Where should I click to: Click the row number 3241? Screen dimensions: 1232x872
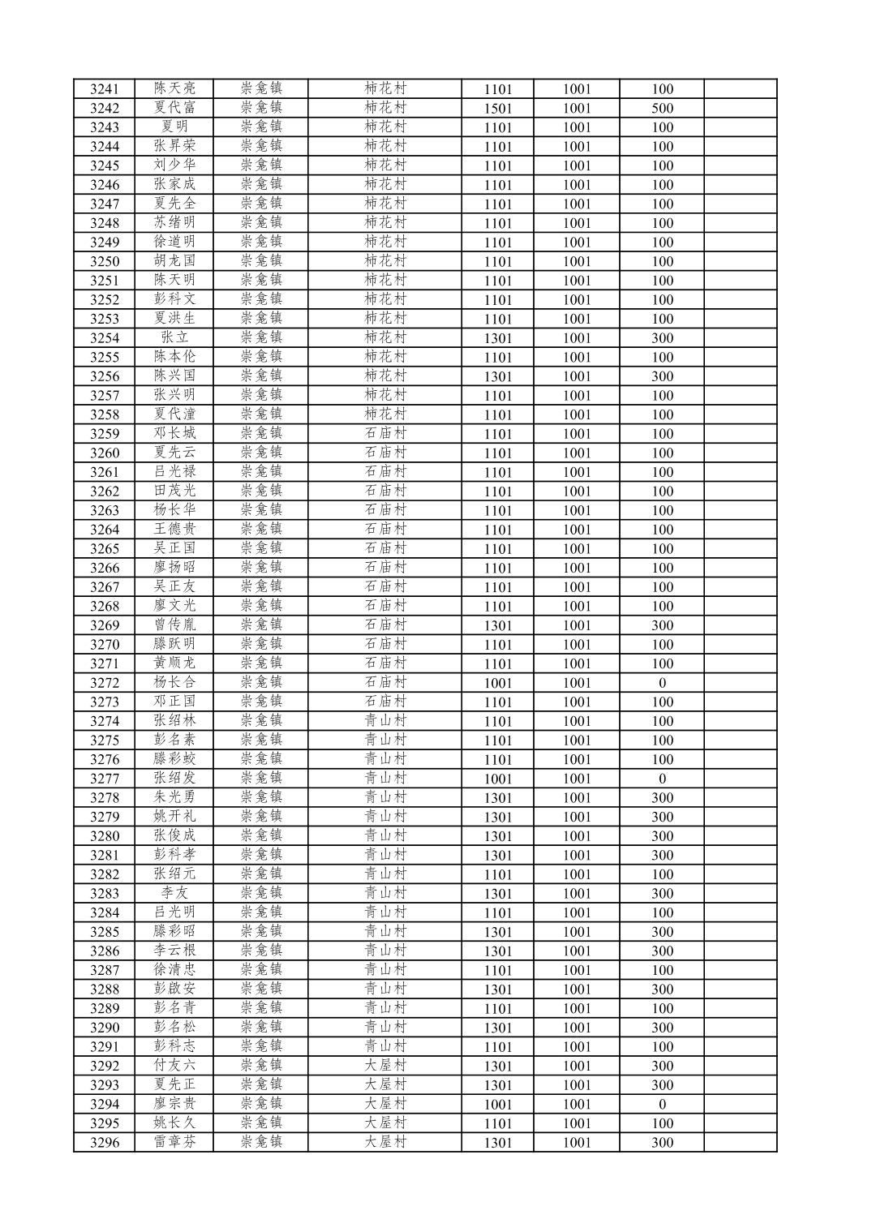click(105, 89)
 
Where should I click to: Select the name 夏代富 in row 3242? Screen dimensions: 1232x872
click(175, 108)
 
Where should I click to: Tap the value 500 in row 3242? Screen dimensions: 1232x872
click(662, 109)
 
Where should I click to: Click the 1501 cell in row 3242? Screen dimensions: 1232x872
click(497, 109)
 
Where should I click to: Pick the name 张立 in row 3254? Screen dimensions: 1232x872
click(175, 337)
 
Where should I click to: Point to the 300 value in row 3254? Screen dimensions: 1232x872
click(662, 338)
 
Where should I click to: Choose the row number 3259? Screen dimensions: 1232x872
click(105, 434)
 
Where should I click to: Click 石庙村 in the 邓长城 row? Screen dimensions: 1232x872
click(385, 433)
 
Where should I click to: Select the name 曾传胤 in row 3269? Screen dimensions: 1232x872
click(175, 625)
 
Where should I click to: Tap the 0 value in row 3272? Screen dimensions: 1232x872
click(662, 683)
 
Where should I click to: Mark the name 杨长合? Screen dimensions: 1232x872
click(175, 682)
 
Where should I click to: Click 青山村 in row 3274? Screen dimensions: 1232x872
click(385, 720)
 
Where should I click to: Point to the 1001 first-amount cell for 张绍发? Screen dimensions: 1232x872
click(497, 779)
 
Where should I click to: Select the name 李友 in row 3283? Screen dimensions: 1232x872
click(175, 893)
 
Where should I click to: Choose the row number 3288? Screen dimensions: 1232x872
click(105, 989)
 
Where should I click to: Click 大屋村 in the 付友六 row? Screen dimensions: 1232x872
click(385, 1065)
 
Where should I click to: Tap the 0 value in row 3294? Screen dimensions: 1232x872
click(662, 1104)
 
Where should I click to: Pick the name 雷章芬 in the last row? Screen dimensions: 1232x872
click(175, 1142)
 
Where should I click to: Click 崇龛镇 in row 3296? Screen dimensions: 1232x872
click(261, 1142)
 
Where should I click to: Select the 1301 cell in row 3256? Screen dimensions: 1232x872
click(497, 376)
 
